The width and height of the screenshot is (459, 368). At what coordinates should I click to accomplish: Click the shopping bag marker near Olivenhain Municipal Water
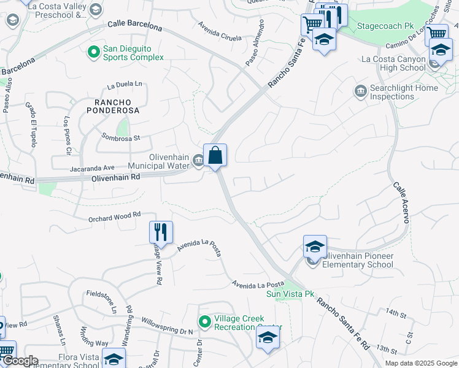pos(215,155)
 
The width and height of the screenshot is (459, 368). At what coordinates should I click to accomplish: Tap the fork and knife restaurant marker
pos(161,232)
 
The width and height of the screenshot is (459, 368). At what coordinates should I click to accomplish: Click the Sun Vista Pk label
pos(290,294)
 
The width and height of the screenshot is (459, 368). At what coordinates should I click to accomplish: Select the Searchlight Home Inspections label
pos(405,92)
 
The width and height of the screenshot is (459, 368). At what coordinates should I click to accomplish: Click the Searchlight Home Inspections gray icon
pos(361,91)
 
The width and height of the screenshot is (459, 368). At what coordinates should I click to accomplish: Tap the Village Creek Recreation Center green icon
pos(205,321)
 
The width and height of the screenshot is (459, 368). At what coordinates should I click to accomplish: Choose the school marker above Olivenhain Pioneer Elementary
pos(315,247)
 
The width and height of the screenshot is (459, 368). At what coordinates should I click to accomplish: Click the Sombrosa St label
pos(121,137)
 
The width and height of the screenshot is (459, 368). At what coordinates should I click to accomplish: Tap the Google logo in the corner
pos(20,361)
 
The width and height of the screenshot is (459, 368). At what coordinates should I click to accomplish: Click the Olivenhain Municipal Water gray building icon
pos(198,161)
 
